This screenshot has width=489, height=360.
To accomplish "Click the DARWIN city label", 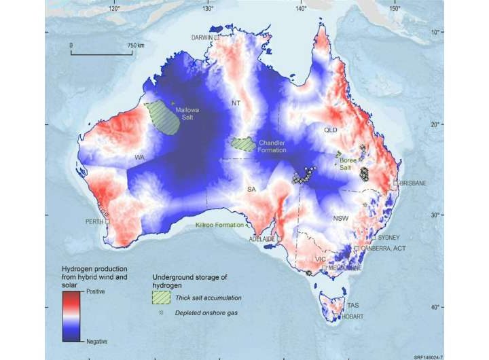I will point(202,37).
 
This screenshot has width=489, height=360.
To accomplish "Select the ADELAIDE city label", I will point(261,239).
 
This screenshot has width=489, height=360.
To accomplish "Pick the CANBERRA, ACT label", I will point(385,249).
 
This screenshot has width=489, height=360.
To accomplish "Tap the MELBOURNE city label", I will point(344,268).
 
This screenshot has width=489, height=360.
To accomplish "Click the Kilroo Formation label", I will point(220,223).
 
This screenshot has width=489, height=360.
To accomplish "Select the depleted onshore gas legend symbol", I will point(162,312).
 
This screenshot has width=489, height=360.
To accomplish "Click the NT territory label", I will point(236,104).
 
